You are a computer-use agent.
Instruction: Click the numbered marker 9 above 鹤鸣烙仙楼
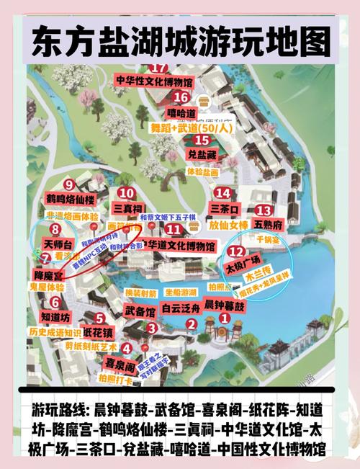pos(68,184)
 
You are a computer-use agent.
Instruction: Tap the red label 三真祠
pos(127,208)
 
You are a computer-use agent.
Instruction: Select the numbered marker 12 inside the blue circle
pos(237,251)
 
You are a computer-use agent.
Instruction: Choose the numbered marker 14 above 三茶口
pos(224,192)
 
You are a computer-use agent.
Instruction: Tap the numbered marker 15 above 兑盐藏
pos(192,140)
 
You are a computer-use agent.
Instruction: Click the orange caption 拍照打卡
pos(115,378)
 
